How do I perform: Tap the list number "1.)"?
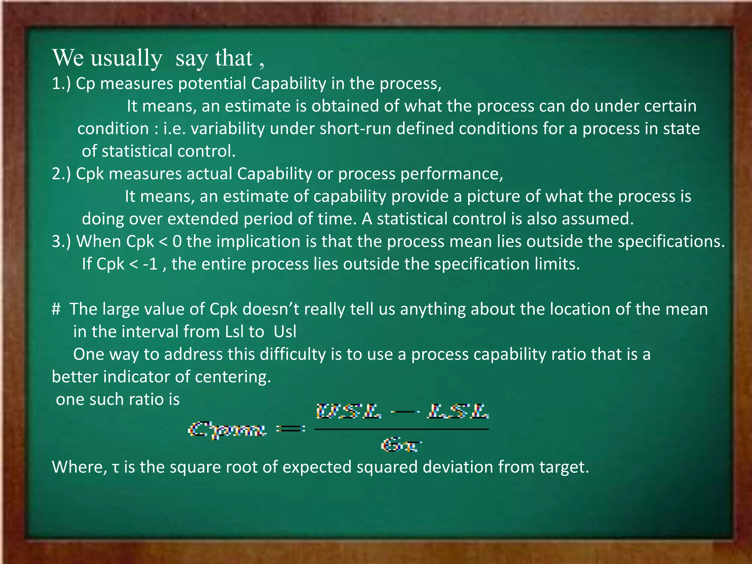pyautogui.click(x=61, y=84)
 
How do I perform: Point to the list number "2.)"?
pyautogui.click(x=61, y=174)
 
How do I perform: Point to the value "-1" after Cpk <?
pyautogui.click(x=150, y=264)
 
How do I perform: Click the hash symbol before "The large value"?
pyautogui.click(x=56, y=309)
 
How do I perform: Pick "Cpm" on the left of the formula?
pyautogui.click(x=227, y=429)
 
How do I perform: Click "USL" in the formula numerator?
pyautogui.click(x=349, y=411)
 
